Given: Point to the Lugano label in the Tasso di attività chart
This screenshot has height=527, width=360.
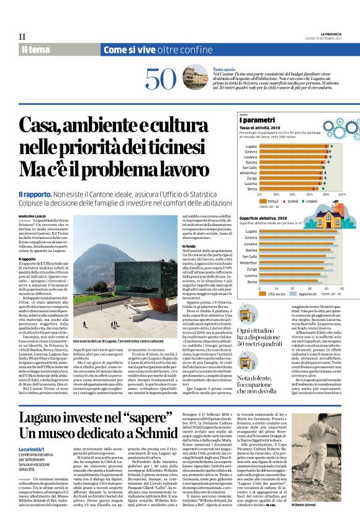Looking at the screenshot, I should pyautogui.click(x=251, y=146).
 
